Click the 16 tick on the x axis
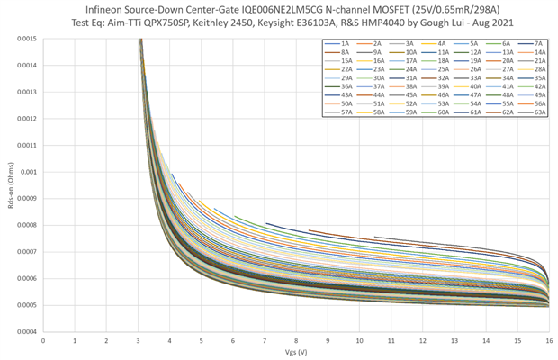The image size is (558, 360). [549, 340]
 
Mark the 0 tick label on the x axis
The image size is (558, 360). [43, 340]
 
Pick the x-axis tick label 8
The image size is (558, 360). [296, 340]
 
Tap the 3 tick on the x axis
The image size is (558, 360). [138, 340]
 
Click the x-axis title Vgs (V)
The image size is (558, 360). [296, 352]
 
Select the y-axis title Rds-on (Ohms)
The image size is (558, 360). [8, 184]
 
